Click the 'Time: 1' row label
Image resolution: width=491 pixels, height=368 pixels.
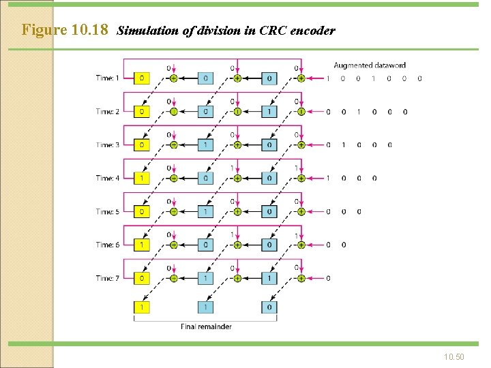[107, 78]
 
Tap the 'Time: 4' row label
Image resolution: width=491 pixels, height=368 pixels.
[107, 179]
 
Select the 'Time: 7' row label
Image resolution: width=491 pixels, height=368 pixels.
[107, 278]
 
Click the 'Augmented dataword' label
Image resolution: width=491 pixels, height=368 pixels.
[370, 65]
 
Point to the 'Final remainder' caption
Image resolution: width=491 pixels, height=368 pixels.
[206, 326]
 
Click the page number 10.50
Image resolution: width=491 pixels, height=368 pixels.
[453, 356]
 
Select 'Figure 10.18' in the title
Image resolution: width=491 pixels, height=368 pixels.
[65, 30]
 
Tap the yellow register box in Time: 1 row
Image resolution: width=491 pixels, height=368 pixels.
[142, 78]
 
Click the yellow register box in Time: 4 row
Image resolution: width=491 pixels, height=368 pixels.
[142, 179]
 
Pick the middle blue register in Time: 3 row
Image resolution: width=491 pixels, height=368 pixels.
[205, 145]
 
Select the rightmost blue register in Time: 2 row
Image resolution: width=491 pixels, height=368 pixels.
[269, 112]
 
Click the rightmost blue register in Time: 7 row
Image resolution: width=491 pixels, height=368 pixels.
[269, 278]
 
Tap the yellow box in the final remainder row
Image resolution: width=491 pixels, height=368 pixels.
[142, 307]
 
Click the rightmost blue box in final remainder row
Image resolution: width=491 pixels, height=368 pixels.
[269, 307]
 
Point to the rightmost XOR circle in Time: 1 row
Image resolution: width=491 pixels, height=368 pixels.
[301, 78]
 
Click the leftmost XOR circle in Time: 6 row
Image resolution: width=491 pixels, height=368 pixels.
[173, 245]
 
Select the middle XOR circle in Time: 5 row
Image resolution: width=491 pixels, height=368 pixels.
[237, 211]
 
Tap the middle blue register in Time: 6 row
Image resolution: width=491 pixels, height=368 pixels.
[205, 245]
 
